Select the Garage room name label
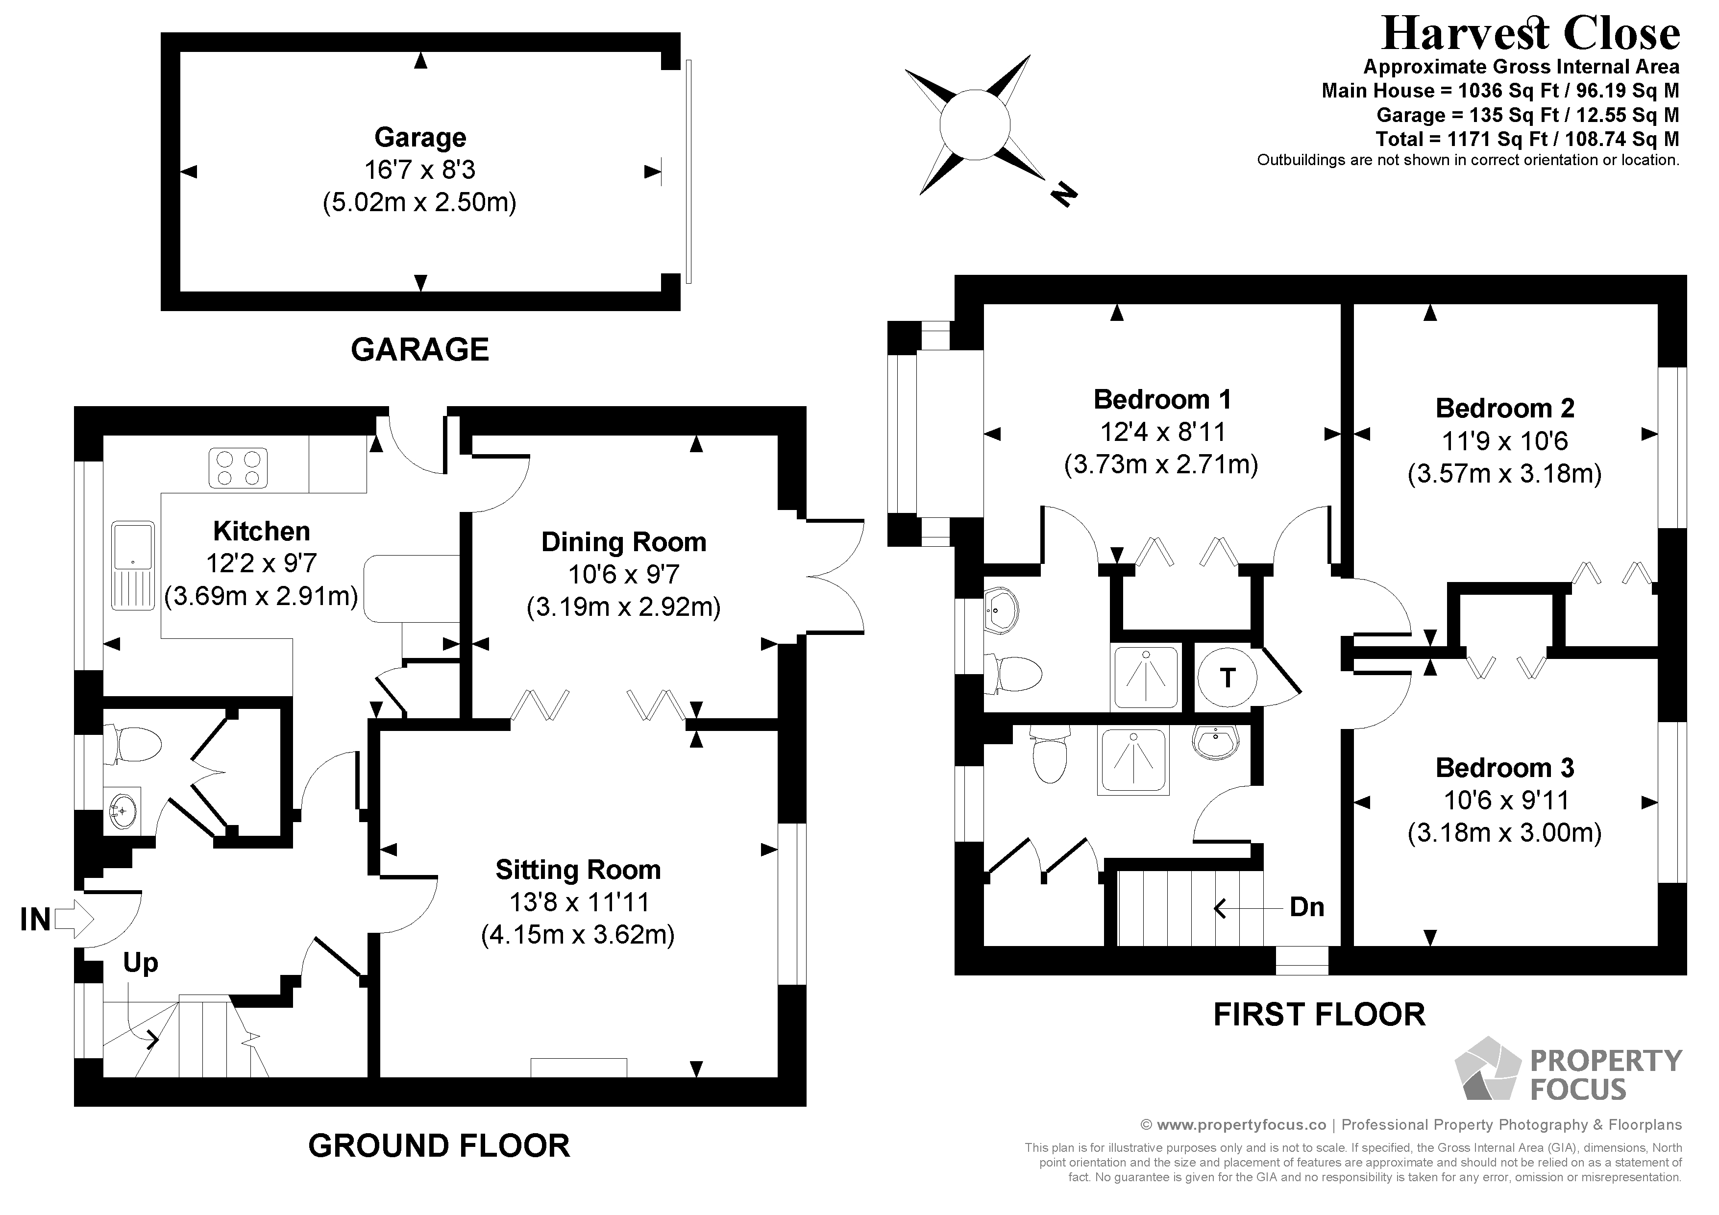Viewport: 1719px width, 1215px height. pos(420,138)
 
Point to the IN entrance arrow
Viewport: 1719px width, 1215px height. pos(74,919)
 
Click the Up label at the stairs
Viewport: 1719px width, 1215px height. pos(141,963)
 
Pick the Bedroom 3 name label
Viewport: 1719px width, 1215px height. pos(1505,768)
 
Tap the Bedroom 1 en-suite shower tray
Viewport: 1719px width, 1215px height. pos(1146,677)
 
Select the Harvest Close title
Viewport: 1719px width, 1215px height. pos(1520,34)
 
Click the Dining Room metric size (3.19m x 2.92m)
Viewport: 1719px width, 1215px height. pos(624,607)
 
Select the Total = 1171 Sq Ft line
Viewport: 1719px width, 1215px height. pos(1527,139)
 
